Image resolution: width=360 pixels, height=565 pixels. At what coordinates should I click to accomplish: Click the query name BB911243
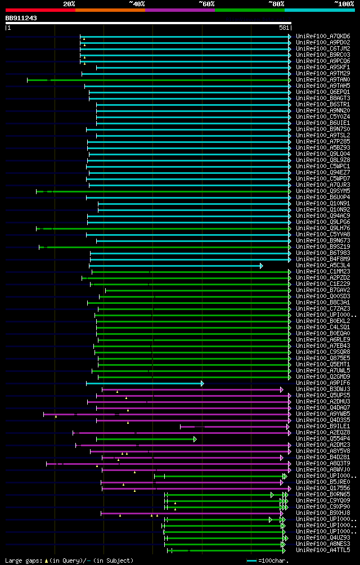(x=21, y=18)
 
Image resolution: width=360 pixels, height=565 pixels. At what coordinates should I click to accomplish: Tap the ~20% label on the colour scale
(x=69, y=3)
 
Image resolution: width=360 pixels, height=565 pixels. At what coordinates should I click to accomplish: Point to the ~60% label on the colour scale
(x=206, y=3)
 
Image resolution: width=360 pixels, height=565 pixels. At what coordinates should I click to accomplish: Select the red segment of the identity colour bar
(x=40, y=10)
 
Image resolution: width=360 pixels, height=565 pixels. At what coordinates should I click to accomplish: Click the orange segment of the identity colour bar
(x=110, y=10)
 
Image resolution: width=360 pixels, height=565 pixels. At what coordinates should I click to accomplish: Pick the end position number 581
(x=284, y=27)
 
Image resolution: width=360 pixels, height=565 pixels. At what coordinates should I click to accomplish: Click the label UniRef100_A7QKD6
(x=323, y=36)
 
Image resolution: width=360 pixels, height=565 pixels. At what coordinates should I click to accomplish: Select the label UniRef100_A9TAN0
(x=323, y=80)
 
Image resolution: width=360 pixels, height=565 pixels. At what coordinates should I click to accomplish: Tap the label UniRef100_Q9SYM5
(x=323, y=191)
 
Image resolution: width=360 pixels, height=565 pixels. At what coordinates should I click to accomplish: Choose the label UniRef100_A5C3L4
(x=323, y=266)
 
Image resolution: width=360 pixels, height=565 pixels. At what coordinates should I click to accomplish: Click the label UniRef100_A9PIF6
(x=323, y=383)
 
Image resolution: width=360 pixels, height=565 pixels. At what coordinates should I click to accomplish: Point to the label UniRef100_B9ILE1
(x=323, y=427)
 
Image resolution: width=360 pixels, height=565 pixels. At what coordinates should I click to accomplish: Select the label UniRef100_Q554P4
(x=323, y=439)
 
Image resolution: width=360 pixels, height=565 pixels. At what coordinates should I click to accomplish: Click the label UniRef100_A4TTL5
(x=323, y=550)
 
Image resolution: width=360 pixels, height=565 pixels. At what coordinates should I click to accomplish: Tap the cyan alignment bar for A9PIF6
(x=143, y=383)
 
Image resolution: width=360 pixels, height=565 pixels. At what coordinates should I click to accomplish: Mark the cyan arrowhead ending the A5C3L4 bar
(x=261, y=266)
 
